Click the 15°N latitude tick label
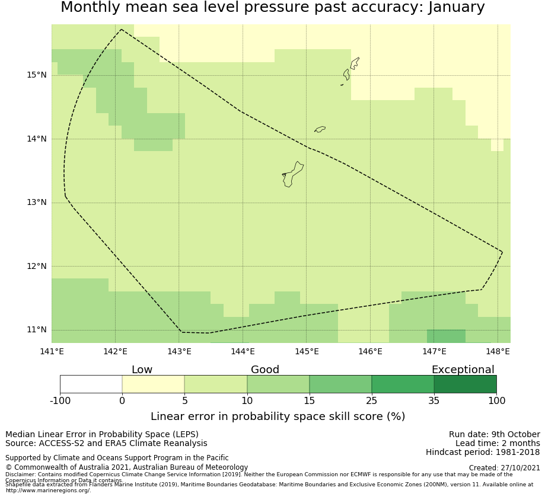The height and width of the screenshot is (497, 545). tap(36, 75)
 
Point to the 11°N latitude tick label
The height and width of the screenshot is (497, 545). tap(36, 330)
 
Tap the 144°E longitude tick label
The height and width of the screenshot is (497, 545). tap(243, 351)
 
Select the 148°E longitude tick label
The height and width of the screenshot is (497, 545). tap(498, 351)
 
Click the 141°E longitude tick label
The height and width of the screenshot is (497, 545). tap(52, 351)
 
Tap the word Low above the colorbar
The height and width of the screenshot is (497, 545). tap(142, 370)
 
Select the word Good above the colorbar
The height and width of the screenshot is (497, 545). tap(265, 370)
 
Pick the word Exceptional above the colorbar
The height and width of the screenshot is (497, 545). tap(463, 370)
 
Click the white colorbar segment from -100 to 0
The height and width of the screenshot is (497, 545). tap(91, 384)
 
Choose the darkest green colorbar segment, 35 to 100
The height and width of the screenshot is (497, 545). tap(465, 384)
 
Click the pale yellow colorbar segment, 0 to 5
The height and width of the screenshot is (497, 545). tap(153, 384)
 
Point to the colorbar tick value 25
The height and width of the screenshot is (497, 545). tap(372, 401)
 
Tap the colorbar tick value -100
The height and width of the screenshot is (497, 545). tap(60, 401)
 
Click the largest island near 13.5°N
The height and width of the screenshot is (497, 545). tap(292, 174)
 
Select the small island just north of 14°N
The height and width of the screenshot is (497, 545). tap(320, 129)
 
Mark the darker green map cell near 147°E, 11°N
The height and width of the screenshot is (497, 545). tap(446, 336)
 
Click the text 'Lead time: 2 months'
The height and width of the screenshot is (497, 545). tap(498, 444)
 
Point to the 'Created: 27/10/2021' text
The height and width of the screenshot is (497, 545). tap(504, 468)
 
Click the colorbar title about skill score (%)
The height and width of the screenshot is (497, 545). tap(278, 416)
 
